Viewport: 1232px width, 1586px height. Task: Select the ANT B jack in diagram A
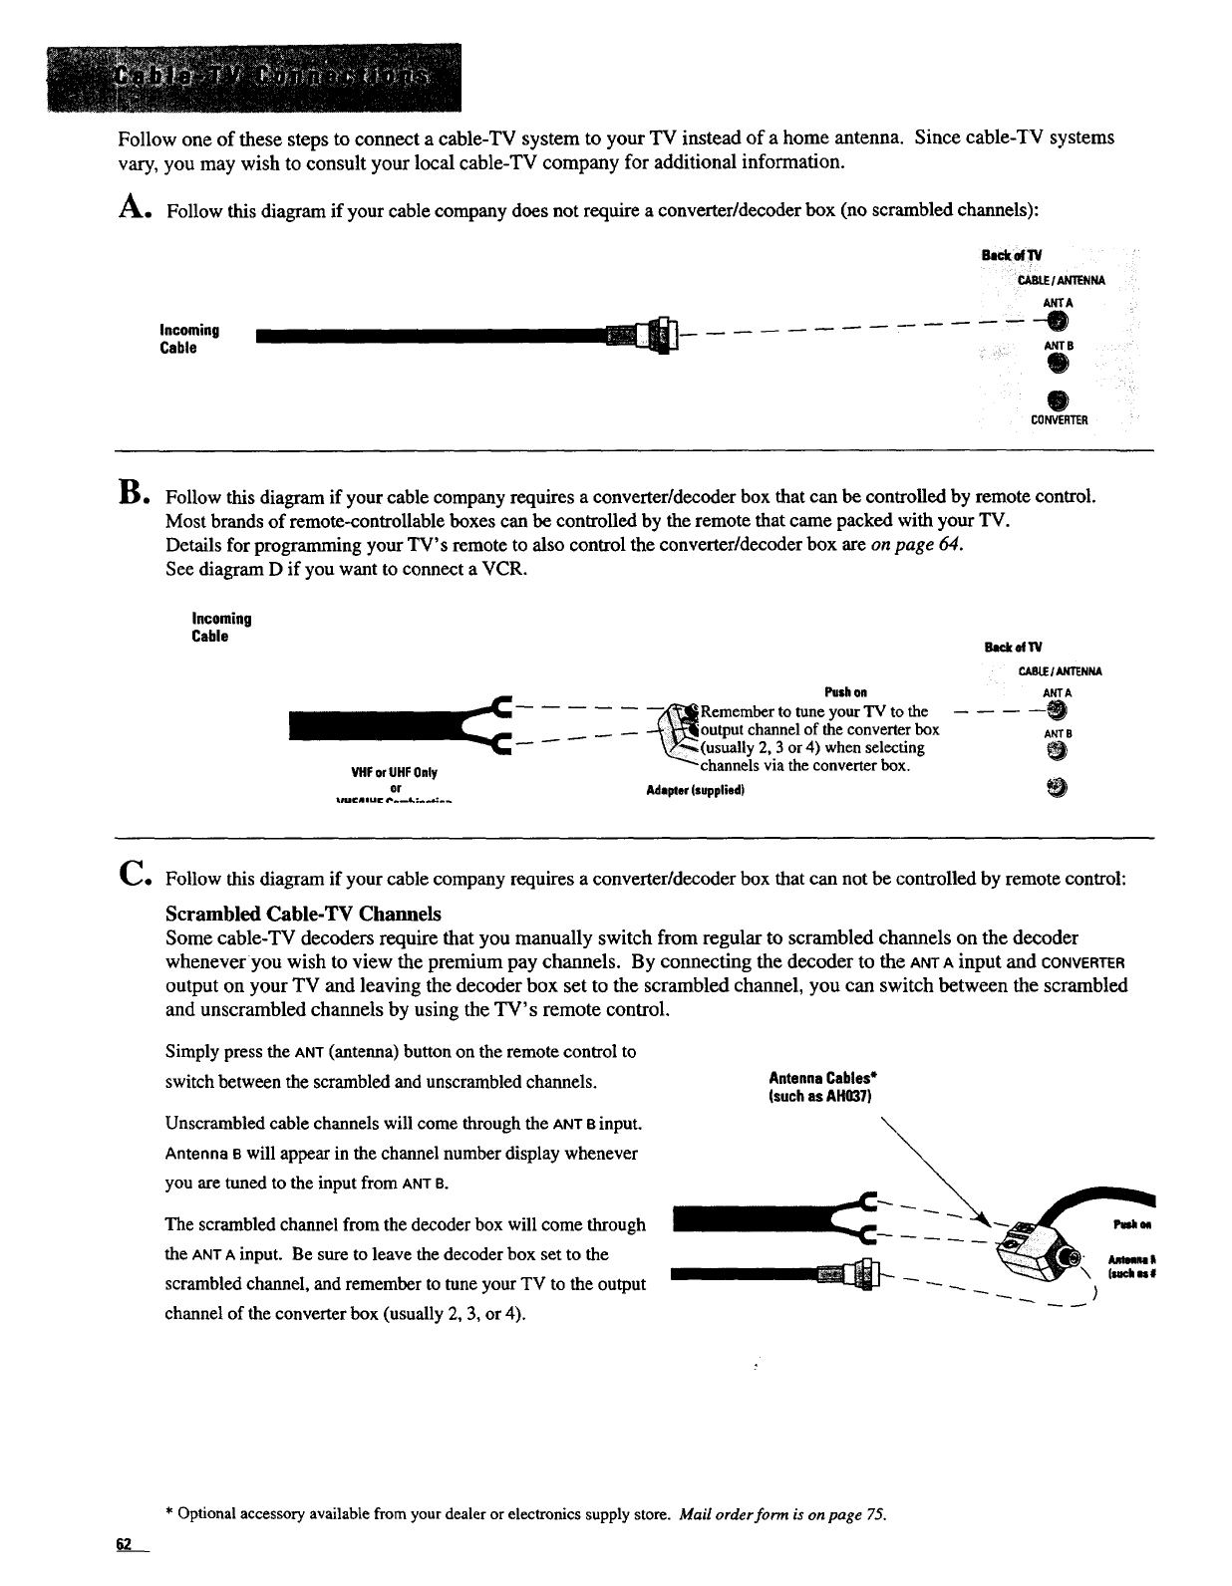point(1058,365)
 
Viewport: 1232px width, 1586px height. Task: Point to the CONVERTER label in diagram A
point(1059,419)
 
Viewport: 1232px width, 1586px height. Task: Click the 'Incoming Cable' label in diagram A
point(190,339)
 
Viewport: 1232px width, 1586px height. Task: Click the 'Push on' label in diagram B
point(846,692)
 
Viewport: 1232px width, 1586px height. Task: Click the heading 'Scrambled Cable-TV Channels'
point(303,914)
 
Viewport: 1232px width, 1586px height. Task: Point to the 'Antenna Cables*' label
point(822,1078)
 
